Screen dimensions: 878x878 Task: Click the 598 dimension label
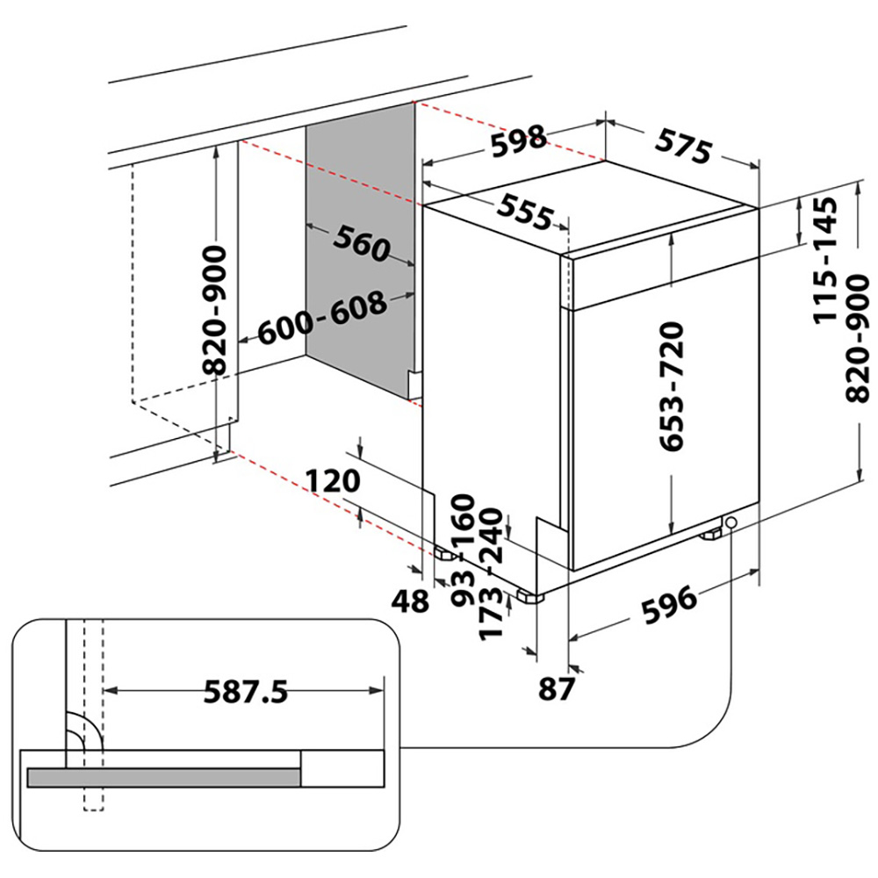tap(518, 141)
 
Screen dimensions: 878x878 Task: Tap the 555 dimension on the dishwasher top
tap(525, 211)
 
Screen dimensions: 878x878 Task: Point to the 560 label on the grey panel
tap(360, 244)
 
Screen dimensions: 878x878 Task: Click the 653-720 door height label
tap(672, 386)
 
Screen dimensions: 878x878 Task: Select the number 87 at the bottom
tap(556, 689)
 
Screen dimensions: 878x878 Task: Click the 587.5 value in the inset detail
tap(246, 693)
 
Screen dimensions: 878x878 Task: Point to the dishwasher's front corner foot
tap(530, 596)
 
